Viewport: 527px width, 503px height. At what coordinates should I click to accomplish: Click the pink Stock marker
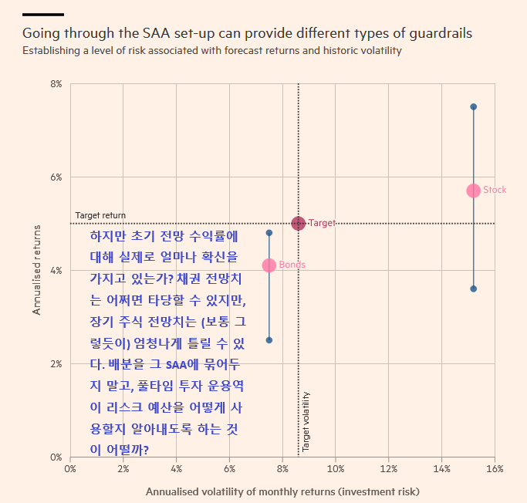point(473,191)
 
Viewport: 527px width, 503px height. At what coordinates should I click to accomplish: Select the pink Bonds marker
point(269,265)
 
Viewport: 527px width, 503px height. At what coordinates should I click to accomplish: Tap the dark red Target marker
point(299,224)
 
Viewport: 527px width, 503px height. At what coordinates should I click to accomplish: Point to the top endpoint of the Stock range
point(473,106)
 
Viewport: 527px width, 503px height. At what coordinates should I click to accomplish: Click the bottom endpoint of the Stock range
point(473,289)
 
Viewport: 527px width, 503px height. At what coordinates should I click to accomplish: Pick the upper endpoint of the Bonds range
point(269,232)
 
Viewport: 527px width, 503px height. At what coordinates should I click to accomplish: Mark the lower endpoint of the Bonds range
point(269,340)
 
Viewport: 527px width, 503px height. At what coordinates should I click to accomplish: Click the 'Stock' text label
point(495,190)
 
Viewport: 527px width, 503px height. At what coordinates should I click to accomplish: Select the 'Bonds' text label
point(292,265)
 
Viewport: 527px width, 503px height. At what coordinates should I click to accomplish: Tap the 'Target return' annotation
point(100,215)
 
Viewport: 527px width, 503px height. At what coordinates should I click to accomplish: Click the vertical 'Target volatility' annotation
point(306,421)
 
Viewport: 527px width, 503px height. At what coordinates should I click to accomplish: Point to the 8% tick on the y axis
point(56,83)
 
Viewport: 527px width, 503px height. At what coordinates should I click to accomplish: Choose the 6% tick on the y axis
point(56,177)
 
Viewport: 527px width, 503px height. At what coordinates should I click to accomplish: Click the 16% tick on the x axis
point(495,468)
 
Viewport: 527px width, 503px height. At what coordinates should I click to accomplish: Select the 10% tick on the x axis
point(336,468)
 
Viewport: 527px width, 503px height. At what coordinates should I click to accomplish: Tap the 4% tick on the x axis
point(176,468)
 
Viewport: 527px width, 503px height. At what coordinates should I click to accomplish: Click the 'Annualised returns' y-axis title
point(36,270)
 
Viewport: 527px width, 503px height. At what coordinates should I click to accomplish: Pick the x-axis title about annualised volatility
point(282,491)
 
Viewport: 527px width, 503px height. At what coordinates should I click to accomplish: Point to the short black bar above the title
point(43,14)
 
